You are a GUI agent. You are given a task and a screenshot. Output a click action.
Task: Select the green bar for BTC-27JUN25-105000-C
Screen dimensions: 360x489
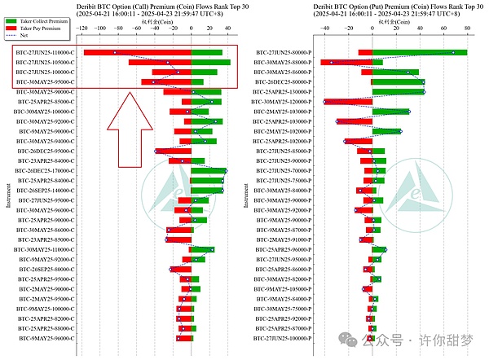tap(210, 63)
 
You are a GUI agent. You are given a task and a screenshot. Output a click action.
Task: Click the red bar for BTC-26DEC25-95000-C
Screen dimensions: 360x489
tap(173, 151)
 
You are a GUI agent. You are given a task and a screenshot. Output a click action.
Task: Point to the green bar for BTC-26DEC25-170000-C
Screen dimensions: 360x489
tap(209, 171)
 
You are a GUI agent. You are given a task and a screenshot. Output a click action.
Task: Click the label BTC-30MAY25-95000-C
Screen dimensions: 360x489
tap(46, 82)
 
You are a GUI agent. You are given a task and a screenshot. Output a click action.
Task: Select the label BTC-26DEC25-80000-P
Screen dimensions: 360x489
tap(284, 82)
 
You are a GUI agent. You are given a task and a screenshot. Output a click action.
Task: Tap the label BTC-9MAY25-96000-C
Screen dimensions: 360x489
tap(46, 338)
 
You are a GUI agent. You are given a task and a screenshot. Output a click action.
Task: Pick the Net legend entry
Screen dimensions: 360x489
tap(24, 36)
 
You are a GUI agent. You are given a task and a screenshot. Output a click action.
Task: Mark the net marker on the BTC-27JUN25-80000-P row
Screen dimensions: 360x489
tap(453, 53)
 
